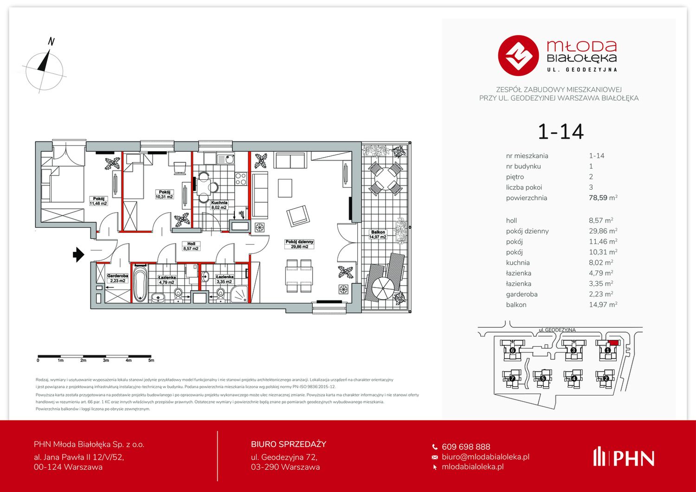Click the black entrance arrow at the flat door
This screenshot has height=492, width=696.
78,255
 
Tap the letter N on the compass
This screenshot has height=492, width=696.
52,42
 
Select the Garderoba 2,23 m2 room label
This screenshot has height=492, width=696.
117,278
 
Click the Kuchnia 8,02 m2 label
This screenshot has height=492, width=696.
219,205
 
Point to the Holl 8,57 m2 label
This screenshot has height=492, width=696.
191,246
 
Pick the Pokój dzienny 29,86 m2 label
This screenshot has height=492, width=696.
300,244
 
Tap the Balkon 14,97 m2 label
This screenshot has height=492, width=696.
378,235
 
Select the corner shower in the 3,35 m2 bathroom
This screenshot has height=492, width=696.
240,294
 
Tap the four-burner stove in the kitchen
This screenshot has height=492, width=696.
241,179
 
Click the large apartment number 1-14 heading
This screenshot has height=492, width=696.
561,132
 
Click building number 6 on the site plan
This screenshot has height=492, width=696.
513,351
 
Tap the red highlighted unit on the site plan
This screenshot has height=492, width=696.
614,343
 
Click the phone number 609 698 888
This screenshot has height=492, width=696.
466,447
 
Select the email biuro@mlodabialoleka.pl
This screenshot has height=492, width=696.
486,457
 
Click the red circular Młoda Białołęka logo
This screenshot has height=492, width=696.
518,56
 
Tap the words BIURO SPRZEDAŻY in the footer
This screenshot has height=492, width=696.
289,444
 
